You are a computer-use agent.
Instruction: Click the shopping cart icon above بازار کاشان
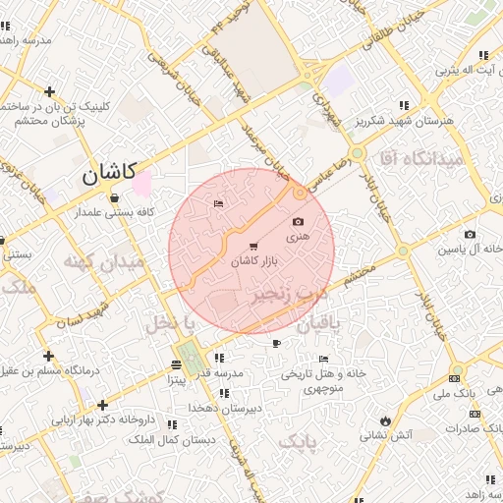coord(254,246)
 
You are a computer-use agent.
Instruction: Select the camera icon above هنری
coord(298,222)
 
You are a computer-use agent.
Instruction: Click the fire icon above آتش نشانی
coord(385,419)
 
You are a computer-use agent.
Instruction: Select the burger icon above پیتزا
coord(175,364)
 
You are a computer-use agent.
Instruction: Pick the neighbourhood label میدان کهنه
coord(103,262)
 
